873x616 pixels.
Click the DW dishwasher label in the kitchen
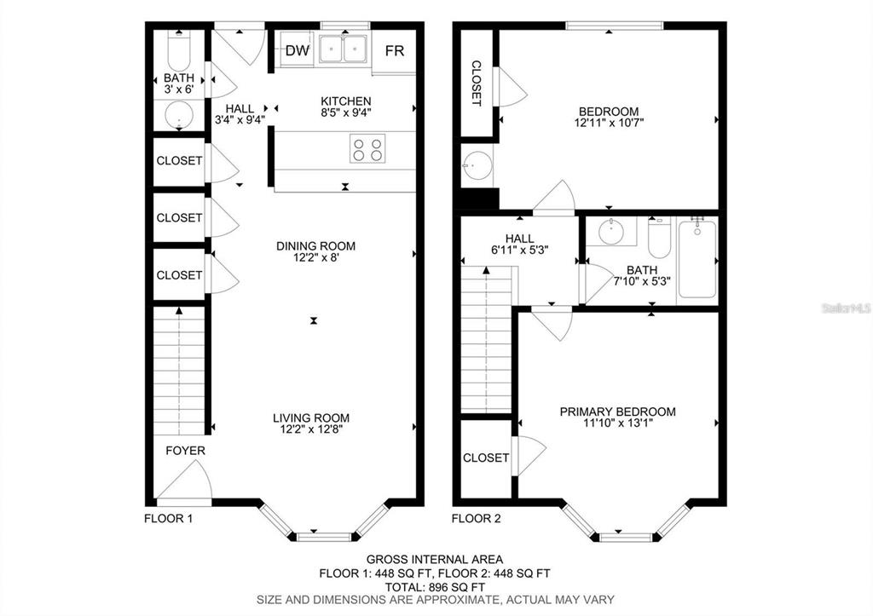[297, 51]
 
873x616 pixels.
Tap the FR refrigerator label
[394, 51]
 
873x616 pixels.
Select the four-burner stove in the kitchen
[367, 150]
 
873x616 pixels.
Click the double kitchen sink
[344, 49]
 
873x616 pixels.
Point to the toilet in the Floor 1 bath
[179, 55]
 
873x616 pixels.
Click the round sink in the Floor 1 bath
[179, 115]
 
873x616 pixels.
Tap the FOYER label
[185, 450]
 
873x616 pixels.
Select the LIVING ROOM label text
[311, 417]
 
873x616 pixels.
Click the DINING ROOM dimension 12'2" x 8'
[315, 258]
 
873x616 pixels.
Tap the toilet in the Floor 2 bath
[659, 239]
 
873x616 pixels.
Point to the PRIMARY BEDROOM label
[617, 412]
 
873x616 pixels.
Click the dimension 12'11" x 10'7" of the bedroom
[609, 123]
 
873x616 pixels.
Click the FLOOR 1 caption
[169, 517]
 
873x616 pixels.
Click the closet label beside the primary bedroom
[486, 458]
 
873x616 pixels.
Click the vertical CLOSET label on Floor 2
[477, 83]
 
